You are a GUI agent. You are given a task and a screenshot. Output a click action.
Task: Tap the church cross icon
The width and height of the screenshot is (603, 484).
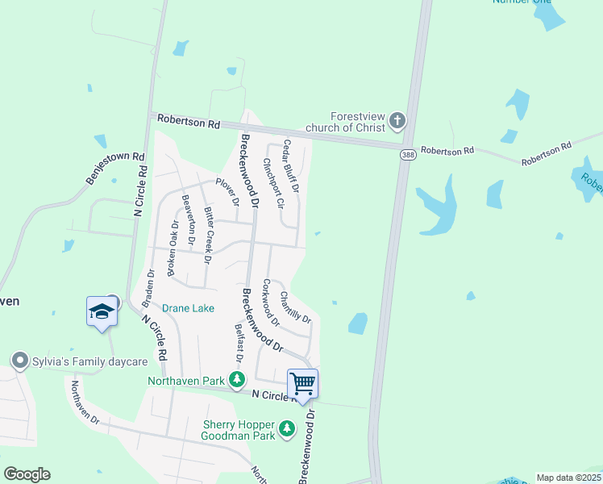pyautogui.click(x=397, y=122)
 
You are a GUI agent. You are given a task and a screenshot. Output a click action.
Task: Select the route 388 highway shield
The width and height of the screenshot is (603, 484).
pyautogui.click(x=408, y=155)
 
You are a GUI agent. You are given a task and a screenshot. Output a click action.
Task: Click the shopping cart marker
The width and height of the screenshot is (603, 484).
pyautogui.click(x=302, y=383)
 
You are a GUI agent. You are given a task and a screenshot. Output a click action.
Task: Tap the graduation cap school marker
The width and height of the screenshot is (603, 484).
pyautogui.click(x=102, y=311)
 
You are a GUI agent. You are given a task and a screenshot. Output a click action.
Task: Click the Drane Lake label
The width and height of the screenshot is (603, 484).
pyautogui.click(x=189, y=308)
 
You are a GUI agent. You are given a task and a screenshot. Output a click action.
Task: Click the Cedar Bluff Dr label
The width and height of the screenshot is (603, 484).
pyautogui.click(x=290, y=165)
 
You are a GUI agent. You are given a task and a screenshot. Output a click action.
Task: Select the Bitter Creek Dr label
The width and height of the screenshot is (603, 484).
pyautogui.click(x=208, y=227)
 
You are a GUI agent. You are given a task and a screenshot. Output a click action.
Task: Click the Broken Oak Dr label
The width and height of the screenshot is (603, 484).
pyautogui.click(x=172, y=249)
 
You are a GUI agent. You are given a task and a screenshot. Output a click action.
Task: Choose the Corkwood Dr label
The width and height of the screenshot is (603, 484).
pyautogui.click(x=269, y=303)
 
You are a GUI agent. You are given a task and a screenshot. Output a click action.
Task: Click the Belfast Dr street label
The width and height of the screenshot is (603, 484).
pyautogui.click(x=239, y=342)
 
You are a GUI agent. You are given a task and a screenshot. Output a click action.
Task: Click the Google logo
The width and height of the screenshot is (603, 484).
pyautogui.click(x=27, y=474)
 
